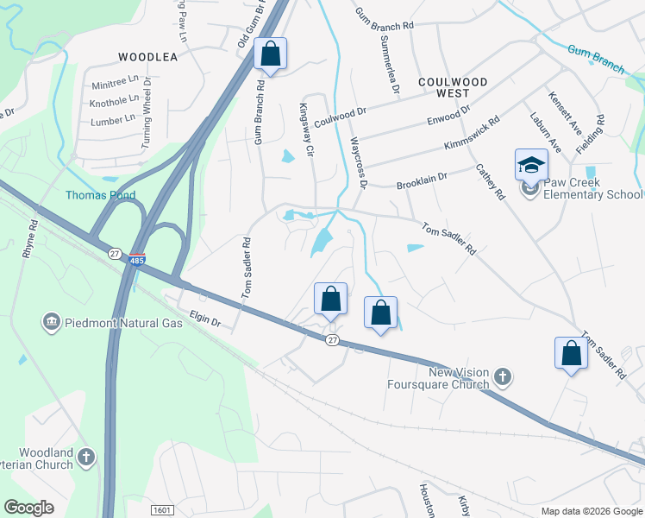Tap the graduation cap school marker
[x=531, y=163]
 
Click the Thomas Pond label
[x=101, y=195]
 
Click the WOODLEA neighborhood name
[x=147, y=57]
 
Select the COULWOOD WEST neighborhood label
[x=453, y=86]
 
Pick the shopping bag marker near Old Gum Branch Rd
[x=271, y=54]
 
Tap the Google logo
[x=29, y=508]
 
